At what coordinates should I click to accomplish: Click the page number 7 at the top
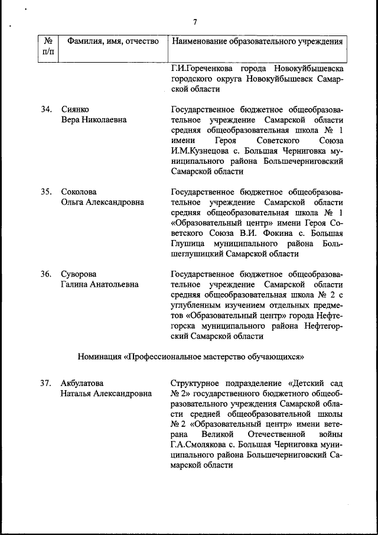point(194,22)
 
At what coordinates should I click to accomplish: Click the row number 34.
point(46,110)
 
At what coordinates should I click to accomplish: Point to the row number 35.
point(46,192)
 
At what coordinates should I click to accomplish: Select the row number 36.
point(46,274)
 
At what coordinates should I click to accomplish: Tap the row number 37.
point(46,382)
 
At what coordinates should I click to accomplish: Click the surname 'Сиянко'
point(75,110)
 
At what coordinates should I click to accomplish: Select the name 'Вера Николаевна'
point(94,120)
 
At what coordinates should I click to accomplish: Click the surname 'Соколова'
point(79,192)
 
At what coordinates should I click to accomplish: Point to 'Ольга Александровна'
point(102,202)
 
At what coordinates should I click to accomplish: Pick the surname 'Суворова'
point(79,274)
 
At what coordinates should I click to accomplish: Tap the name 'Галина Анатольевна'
point(100,284)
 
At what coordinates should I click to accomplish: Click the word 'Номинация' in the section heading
point(99,356)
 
